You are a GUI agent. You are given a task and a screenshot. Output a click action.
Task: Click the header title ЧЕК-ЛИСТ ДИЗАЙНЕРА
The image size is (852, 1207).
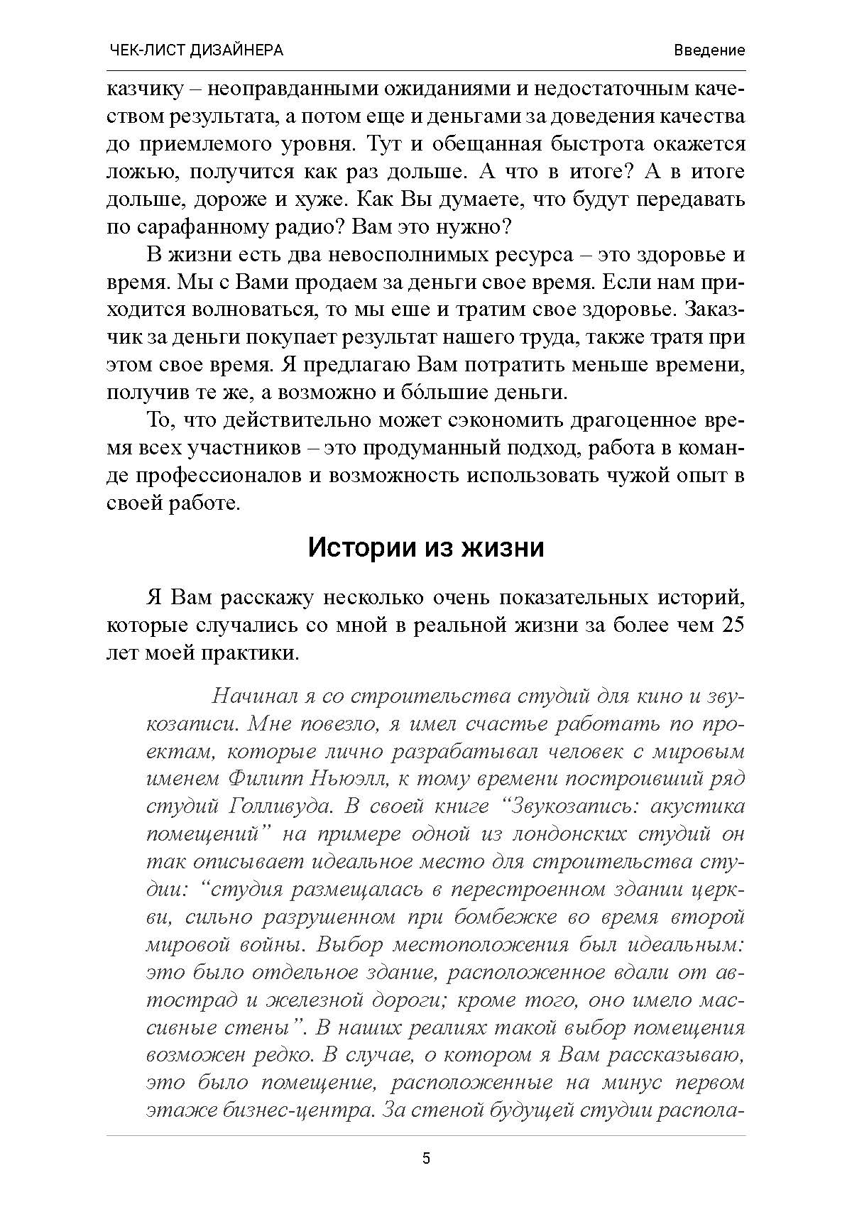click(197, 50)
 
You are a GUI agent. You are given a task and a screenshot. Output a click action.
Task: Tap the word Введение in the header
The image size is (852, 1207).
click(709, 50)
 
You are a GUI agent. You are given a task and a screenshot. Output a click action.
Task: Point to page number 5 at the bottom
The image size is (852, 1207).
click(426, 1159)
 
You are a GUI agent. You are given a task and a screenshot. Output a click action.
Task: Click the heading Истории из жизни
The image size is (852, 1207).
click(426, 548)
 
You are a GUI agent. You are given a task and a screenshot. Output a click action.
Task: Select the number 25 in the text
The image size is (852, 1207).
click(730, 625)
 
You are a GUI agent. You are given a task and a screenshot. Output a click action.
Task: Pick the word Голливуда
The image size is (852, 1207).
click(272, 807)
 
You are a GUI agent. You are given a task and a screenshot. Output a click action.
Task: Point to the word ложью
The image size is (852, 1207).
click(136, 173)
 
